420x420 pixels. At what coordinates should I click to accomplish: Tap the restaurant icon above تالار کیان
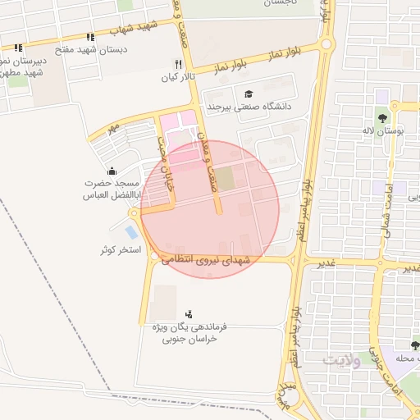178,64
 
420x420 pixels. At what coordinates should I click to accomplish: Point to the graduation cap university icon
249,94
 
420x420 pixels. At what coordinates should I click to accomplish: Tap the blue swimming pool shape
131,232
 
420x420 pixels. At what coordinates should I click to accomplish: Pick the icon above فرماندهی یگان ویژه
190,313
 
